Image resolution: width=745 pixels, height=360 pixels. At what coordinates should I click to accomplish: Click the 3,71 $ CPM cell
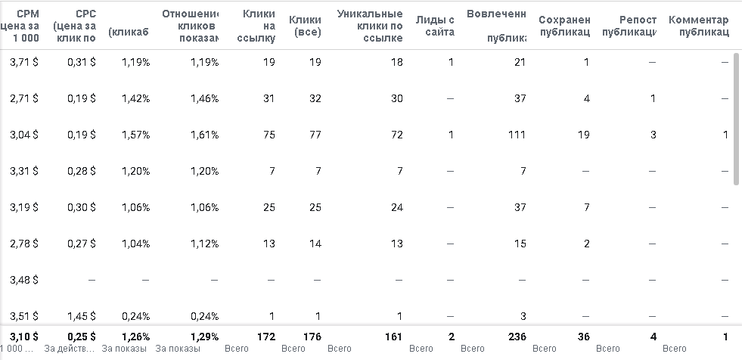[24, 62]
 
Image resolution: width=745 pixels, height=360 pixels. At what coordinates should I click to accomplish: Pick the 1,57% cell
[135, 135]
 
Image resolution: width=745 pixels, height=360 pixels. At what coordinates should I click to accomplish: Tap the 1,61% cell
[204, 135]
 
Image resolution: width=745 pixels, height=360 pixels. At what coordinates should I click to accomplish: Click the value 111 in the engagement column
[516, 135]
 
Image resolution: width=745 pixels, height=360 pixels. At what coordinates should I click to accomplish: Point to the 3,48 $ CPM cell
[24, 280]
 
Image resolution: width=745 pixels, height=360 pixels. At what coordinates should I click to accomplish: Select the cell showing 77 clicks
[315, 135]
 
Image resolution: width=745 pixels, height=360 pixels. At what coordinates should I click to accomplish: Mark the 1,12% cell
[204, 244]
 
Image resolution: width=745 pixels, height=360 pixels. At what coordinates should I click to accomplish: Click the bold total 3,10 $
[24, 336]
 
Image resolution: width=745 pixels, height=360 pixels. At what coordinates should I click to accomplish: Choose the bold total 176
[312, 336]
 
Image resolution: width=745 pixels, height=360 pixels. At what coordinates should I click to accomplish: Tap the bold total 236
[515, 336]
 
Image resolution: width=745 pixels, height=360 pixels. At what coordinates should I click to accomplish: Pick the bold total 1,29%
[204, 336]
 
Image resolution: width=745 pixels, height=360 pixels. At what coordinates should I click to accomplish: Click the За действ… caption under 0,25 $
[70, 349]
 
